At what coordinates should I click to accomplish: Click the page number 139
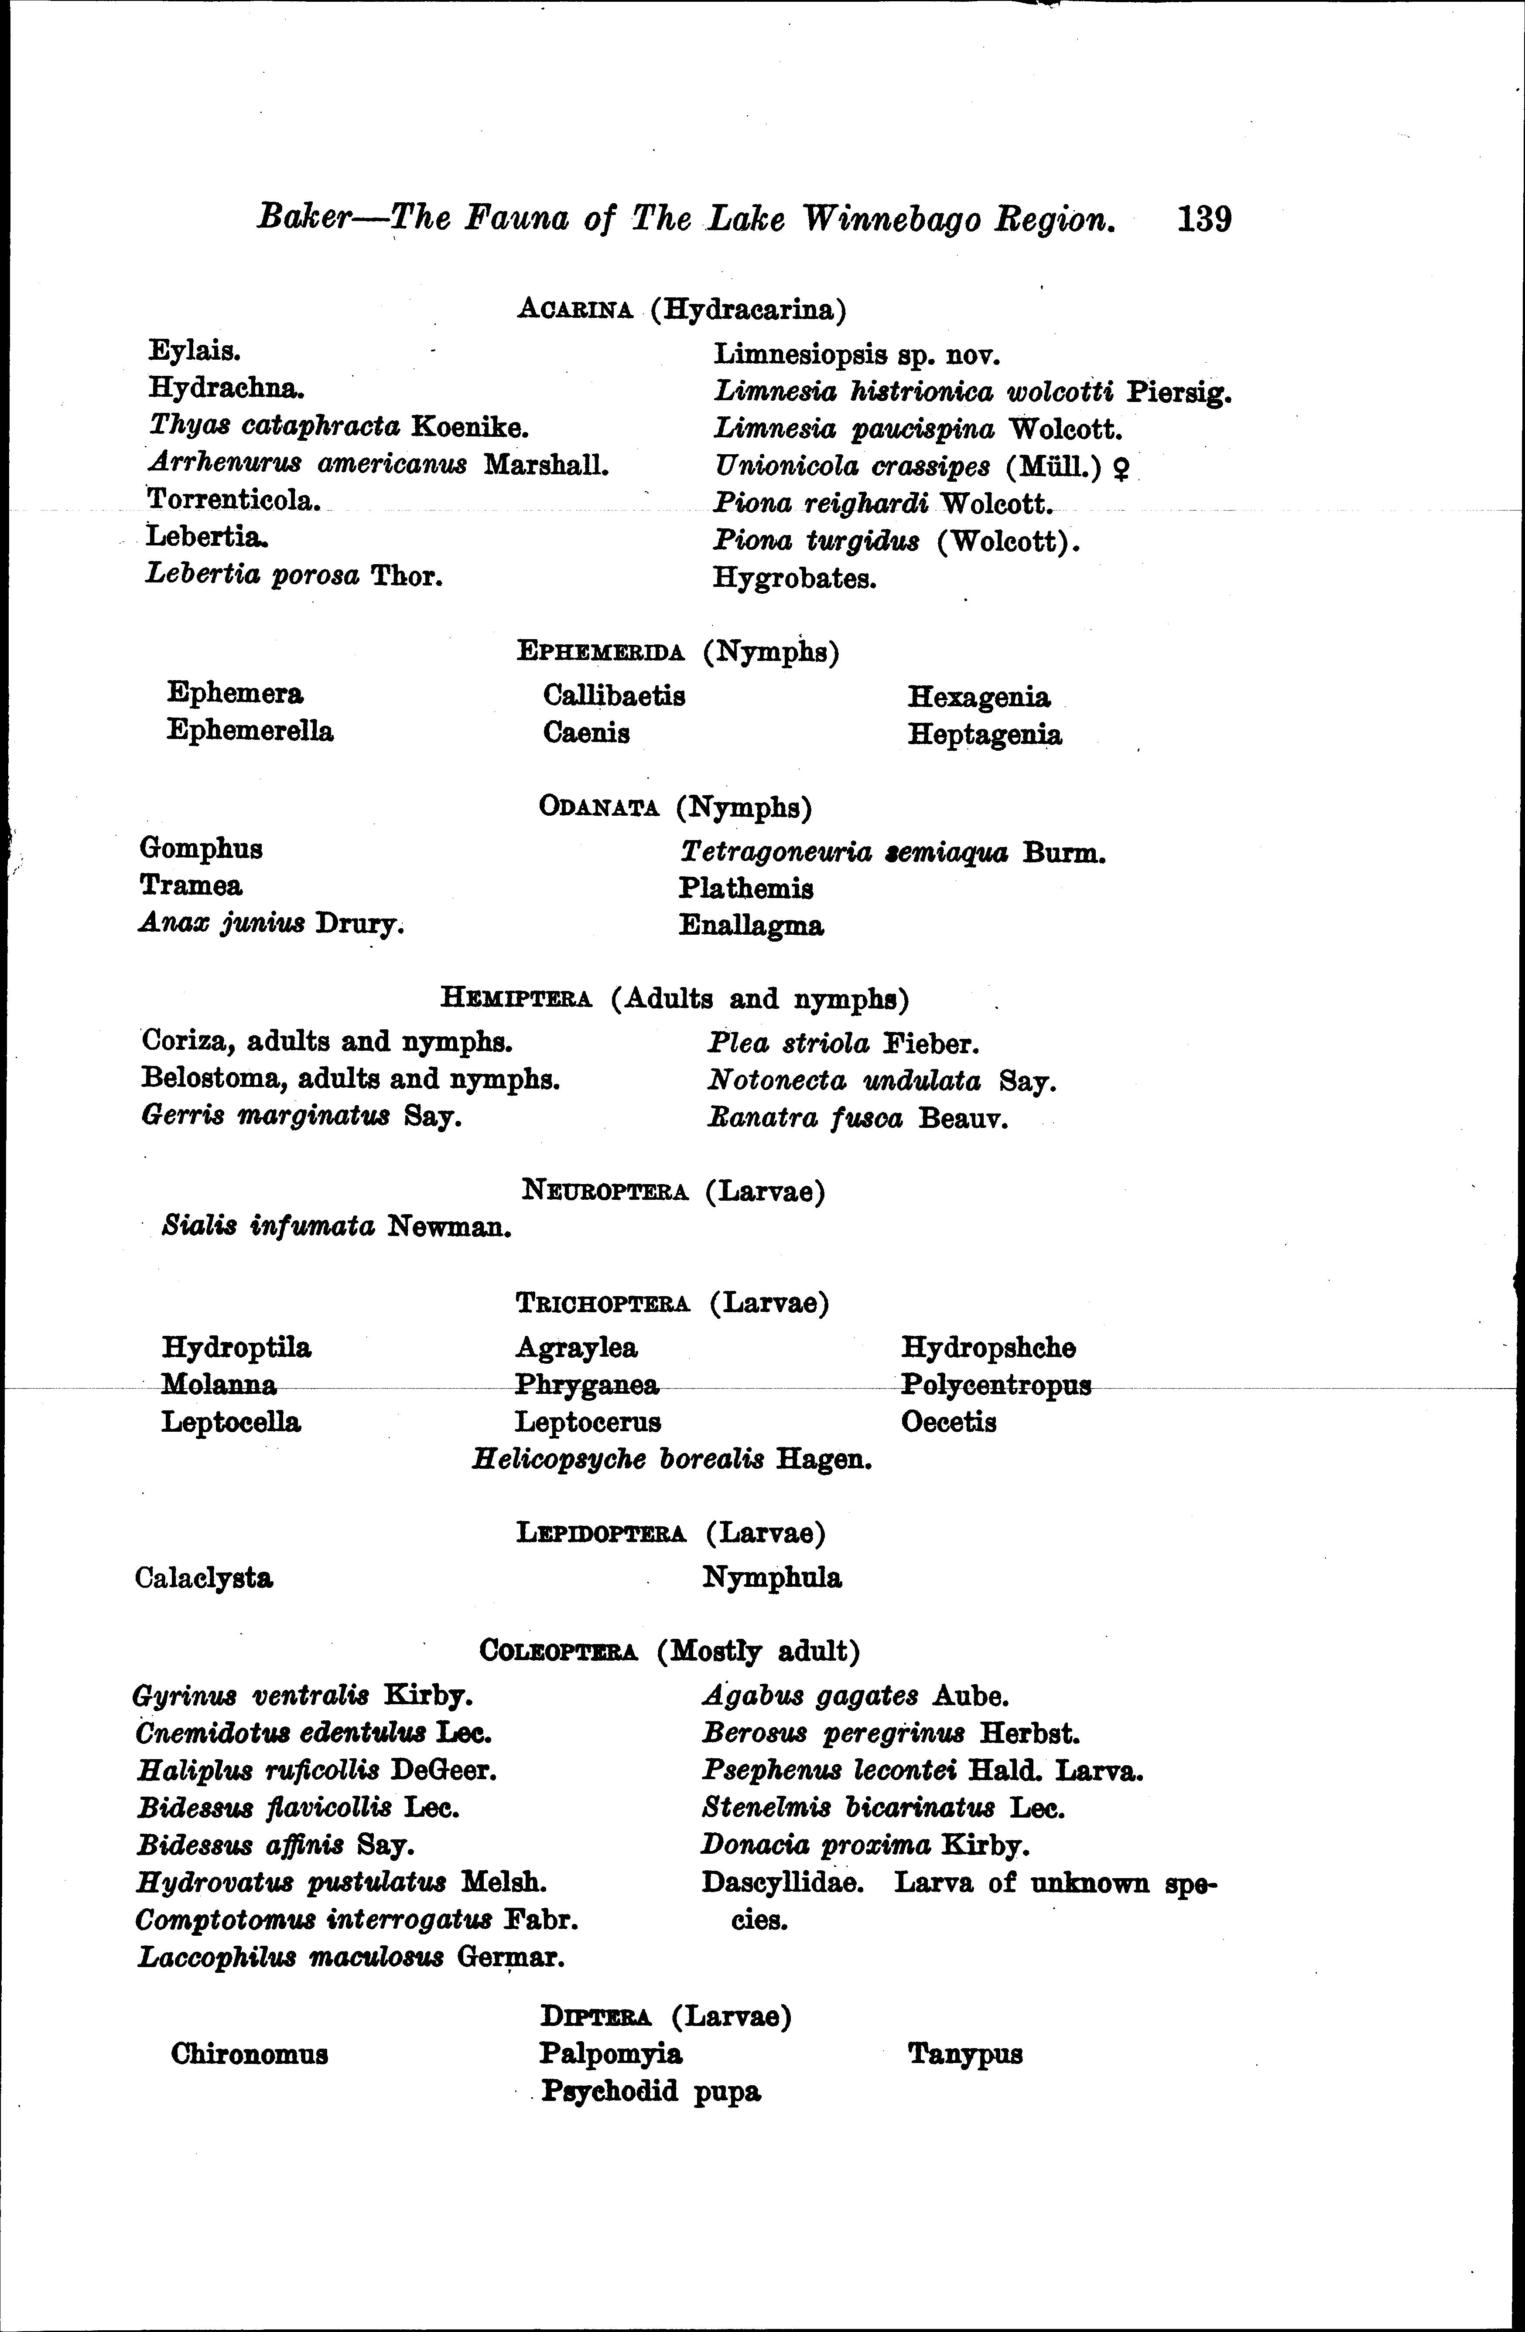pyautogui.click(x=1204, y=218)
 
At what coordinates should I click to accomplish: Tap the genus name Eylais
pyautogui.click(x=195, y=351)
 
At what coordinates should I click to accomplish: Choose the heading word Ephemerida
pyautogui.click(x=600, y=652)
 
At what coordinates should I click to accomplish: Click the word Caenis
pyautogui.click(x=586, y=733)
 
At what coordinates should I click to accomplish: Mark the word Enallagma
pyautogui.click(x=751, y=926)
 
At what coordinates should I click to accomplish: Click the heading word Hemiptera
pyautogui.click(x=516, y=999)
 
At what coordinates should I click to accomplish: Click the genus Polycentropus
pyautogui.click(x=996, y=1386)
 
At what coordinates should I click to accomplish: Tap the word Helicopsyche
pyautogui.click(x=559, y=1460)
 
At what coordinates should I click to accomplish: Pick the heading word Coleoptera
pyautogui.click(x=559, y=1652)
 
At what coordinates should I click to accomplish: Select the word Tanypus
pyautogui.click(x=965, y=2054)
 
